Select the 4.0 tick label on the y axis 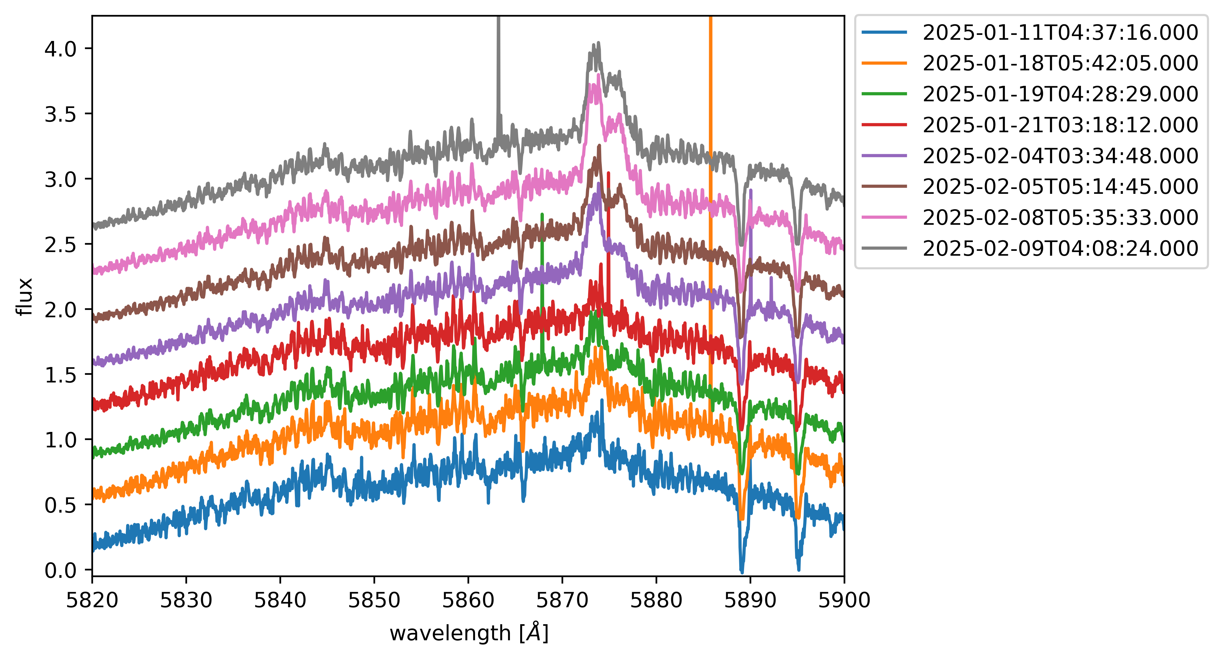[60, 49]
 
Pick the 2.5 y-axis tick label [60, 244]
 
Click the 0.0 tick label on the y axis [60, 570]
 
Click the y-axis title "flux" [24, 297]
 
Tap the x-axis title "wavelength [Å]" [469, 633]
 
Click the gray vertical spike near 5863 [498, 71]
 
